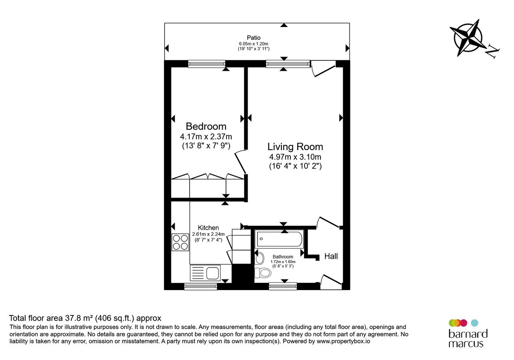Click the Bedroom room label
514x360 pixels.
tap(206, 126)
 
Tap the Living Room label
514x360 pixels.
tap(295, 147)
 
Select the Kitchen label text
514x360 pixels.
tap(208, 228)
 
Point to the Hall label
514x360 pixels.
tap(331, 256)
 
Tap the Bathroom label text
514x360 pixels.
tap(283, 257)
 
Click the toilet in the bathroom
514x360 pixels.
tap(263, 273)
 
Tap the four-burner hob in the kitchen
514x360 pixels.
tap(181, 243)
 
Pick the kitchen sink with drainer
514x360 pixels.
tap(205, 273)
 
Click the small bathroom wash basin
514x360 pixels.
tap(260, 258)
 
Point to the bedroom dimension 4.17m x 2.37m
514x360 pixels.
tap(206, 137)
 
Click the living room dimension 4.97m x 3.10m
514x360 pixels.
tap(295, 157)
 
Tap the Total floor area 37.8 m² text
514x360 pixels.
tap(85, 318)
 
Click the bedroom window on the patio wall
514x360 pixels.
tap(206, 64)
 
